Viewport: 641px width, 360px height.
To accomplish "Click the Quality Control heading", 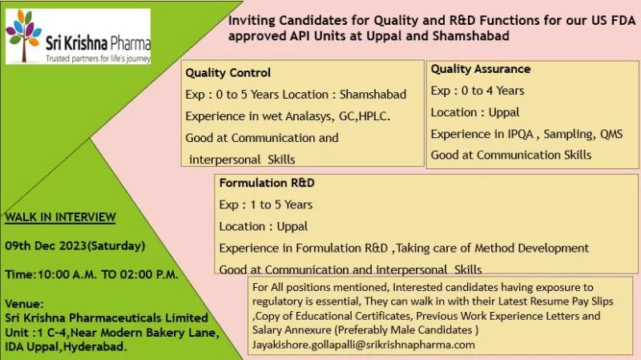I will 228,73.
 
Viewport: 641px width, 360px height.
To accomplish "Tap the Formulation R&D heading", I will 267,183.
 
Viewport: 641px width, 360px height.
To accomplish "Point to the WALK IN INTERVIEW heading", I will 60,216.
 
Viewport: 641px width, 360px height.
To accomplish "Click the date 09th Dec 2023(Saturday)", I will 75,245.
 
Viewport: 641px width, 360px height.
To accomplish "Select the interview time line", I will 91,274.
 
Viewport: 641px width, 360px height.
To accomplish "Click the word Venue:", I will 24,304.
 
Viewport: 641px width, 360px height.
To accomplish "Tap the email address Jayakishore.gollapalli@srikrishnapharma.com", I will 364,345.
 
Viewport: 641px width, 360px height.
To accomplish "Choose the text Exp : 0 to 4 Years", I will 478,91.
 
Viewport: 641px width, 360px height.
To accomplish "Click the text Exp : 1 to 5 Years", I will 266,204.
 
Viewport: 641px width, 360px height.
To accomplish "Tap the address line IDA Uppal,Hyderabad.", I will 65,347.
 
